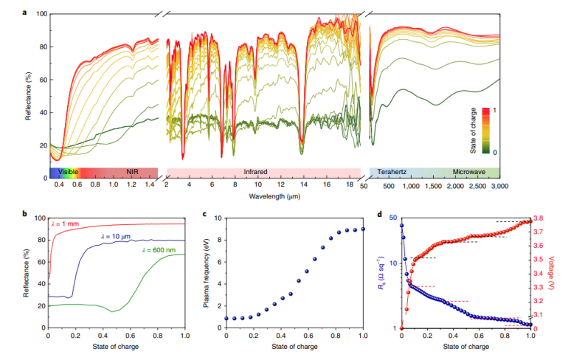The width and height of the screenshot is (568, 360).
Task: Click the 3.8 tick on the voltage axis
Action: click(540, 218)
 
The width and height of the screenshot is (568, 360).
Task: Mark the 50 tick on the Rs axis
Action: click(392, 218)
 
